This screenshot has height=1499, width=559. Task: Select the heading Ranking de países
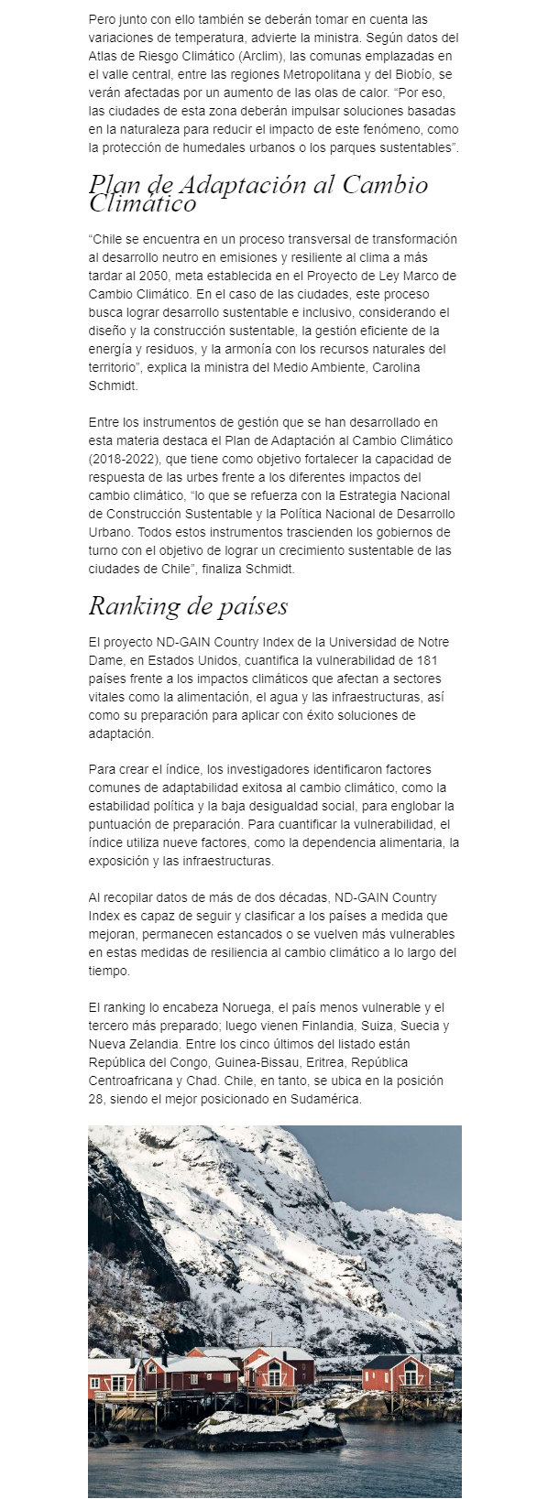click(188, 606)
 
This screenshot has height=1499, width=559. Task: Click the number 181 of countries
click(433, 660)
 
